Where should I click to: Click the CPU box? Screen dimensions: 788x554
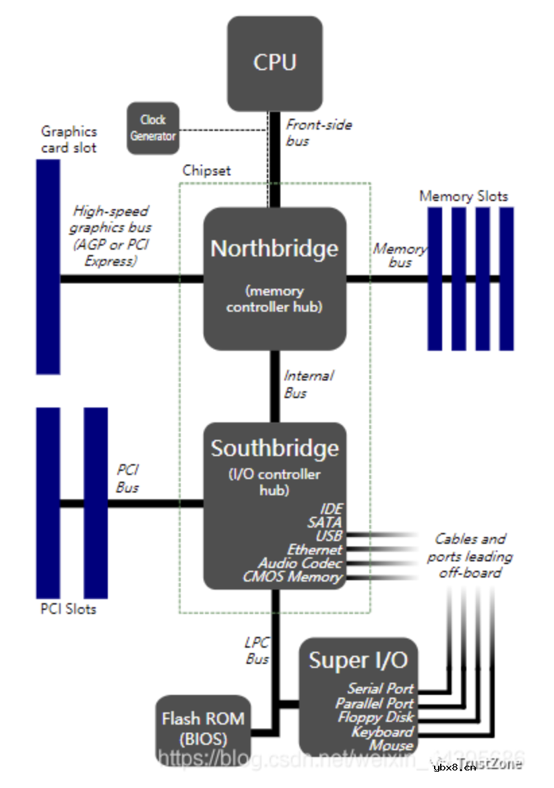(x=274, y=63)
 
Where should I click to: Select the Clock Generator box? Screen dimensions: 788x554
(x=153, y=128)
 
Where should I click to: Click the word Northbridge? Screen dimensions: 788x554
(x=274, y=248)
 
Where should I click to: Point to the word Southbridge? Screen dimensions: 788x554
(x=274, y=448)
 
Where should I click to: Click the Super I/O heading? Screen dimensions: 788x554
(x=358, y=660)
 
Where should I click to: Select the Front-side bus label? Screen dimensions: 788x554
(x=318, y=132)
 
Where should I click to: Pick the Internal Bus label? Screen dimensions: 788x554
(x=308, y=384)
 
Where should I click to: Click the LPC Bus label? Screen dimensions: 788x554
(x=257, y=650)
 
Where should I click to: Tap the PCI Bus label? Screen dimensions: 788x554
(x=127, y=478)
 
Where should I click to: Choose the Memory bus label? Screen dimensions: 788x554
(x=400, y=255)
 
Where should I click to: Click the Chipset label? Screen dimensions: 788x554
(x=206, y=171)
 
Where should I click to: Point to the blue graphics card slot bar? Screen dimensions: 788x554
(x=48, y=266)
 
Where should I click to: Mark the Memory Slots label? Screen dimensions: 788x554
(x=464, y=196)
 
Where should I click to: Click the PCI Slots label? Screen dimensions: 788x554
(x=68, y=609)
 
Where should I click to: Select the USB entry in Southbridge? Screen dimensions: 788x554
(x=328, y=536)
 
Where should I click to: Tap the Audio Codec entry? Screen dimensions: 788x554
(x=300, y=563)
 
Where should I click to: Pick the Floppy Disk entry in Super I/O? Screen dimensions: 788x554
(x=375, y=717)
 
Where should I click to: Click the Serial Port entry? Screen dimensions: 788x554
(x=380, y=689)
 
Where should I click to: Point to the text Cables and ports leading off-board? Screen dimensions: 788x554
(x=470, y=555)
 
